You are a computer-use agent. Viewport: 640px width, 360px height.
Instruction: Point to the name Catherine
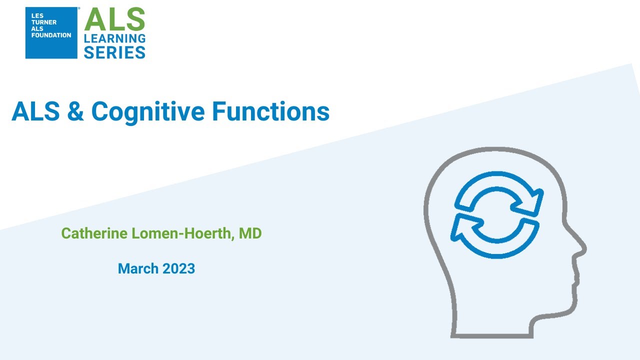point(93,233)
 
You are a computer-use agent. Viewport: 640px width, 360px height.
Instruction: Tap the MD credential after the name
point(250,233)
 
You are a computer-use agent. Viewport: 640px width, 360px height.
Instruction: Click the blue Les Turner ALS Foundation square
point(51,33)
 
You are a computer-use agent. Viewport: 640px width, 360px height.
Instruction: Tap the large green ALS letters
point(114,20)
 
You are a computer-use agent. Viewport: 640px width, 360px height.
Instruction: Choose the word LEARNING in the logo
point(114,38)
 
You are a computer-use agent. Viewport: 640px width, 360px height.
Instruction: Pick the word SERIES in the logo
point(114,51)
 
